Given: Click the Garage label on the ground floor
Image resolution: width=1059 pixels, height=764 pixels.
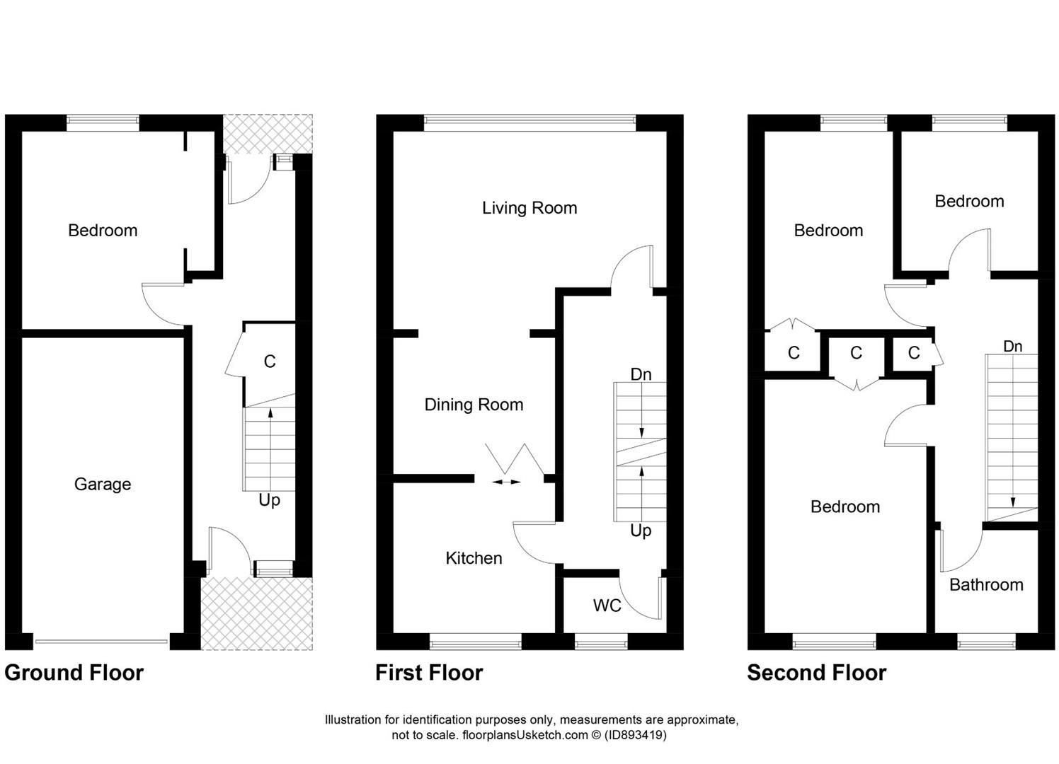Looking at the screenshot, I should (103, 485).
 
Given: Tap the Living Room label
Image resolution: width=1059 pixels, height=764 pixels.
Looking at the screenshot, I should (529, 208).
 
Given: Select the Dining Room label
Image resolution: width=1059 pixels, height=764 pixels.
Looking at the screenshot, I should (474, 405).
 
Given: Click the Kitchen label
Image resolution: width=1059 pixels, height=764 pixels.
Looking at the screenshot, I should (474, 558).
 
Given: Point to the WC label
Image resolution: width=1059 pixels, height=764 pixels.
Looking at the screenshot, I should (607, 606).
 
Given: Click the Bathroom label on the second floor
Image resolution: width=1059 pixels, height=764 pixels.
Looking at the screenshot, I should (986, 585).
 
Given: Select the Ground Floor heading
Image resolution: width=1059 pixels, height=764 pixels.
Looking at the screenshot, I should (74, 673).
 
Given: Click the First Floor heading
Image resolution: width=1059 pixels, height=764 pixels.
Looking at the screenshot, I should (429, 673).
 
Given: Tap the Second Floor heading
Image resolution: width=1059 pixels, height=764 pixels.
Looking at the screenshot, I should (816, 673).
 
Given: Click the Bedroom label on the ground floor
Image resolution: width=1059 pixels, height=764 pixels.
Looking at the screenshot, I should (103, 231).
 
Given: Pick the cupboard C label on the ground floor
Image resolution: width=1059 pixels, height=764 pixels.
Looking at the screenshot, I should (269, 362).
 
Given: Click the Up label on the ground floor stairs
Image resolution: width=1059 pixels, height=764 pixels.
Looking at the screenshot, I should (269, 500).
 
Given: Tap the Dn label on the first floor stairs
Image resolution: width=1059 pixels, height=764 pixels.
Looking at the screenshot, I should (641, 374).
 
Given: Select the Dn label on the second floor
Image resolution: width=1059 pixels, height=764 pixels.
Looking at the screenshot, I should (1012, 347).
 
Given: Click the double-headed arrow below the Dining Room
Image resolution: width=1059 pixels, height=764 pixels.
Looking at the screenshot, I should (506, 482).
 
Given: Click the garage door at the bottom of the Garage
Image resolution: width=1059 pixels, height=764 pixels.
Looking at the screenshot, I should (101, 642).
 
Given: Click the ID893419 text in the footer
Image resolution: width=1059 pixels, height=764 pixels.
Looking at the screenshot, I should (635, 735).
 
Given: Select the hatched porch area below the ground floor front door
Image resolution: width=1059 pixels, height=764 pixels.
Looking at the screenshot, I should (256, 613).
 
